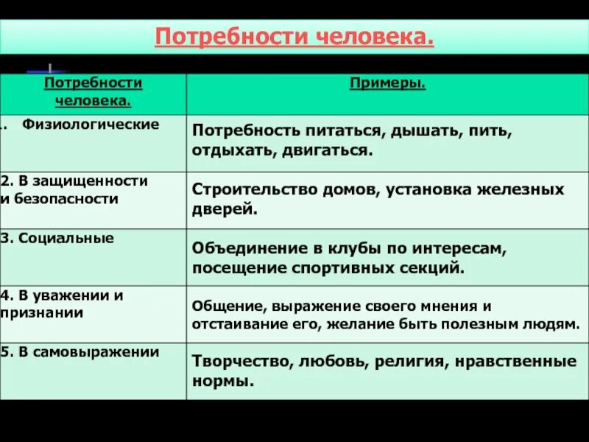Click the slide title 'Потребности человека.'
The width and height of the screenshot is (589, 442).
pos(294,36)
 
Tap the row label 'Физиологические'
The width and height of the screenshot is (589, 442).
pos(91,124)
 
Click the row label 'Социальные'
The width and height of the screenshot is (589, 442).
pos(63,238)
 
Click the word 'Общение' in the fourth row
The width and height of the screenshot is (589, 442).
pos(220,306)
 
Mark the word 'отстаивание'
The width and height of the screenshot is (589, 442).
pos(230,324)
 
